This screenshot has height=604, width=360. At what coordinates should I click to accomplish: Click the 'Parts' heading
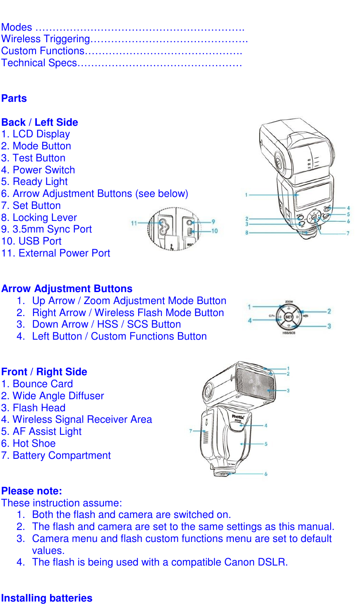14,98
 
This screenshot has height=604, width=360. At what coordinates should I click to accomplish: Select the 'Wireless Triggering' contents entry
46,39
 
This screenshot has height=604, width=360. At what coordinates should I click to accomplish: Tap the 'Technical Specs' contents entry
39,63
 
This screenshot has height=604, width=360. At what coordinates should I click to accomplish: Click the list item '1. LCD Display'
36,134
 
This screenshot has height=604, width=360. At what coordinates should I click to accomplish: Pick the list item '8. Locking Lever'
39,218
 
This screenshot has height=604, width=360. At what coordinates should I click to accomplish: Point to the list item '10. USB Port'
31,241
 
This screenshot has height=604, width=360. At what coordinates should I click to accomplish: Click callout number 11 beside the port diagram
134,223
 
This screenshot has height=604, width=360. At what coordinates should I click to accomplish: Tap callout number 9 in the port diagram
213,222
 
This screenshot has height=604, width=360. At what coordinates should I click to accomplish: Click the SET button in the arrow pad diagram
288,317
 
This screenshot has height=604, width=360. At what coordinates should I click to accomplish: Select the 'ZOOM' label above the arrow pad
289,302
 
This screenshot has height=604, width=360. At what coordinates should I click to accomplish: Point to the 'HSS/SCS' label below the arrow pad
289,333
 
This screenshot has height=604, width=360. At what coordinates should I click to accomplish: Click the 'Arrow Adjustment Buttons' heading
67,289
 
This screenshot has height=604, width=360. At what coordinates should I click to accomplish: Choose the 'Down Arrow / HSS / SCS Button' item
106,324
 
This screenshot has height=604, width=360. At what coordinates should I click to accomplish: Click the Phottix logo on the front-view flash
238,417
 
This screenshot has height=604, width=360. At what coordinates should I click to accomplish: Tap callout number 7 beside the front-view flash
191,431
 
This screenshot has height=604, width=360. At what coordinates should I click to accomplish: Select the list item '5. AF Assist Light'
41,431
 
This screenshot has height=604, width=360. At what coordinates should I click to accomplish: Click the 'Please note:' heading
32,491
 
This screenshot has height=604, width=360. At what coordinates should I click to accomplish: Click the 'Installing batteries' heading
47,598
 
